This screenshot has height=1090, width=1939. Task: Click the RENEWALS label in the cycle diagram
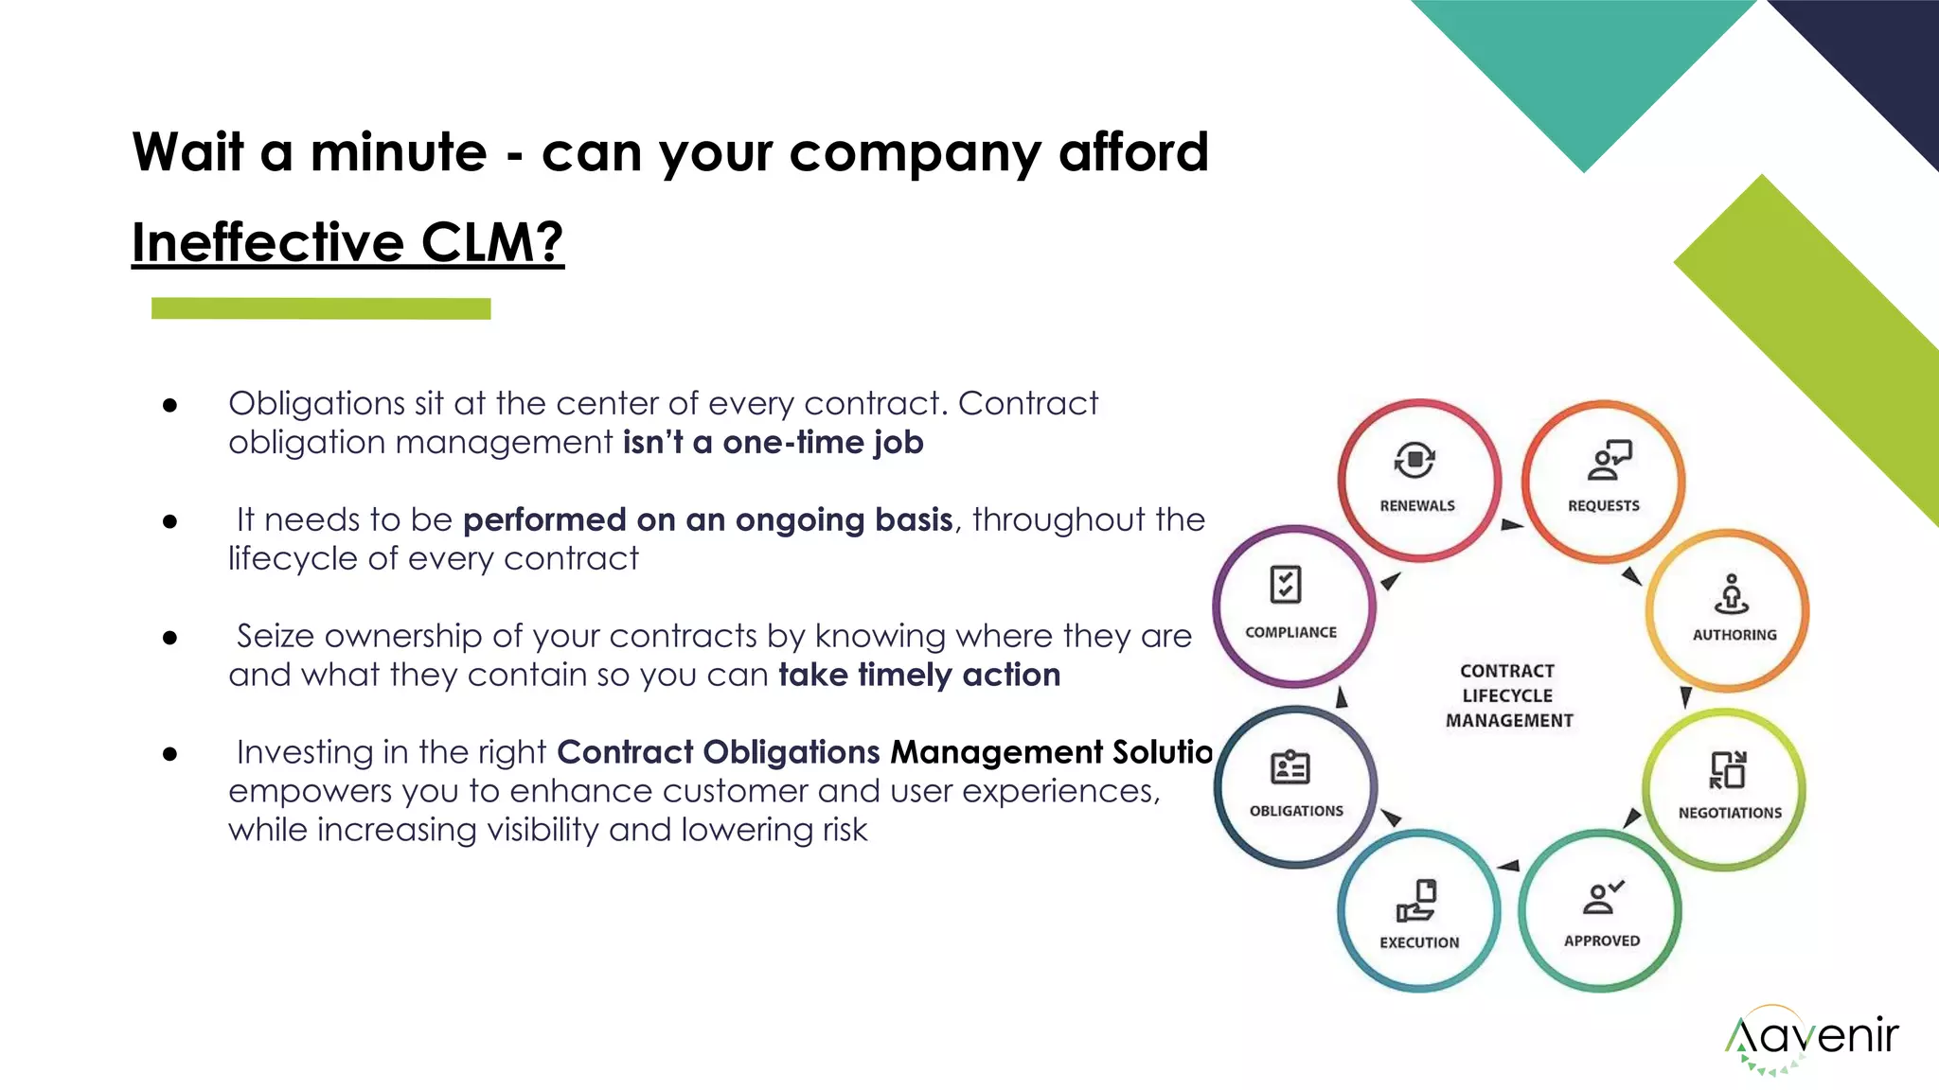pyautogui.click(x=1417, y=506)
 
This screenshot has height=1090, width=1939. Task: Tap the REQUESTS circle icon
pyautogui.click(x=1608, y=460)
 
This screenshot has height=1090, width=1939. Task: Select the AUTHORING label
pyautogui.click(x=1734, y=635)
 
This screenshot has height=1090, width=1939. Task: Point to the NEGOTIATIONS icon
pyautogui.click(x=1728, y=770)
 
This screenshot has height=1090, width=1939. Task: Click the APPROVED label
pyautogui.click(x=1602, y=941)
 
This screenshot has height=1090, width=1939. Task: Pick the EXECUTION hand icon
pyautogui.click(x=1417, y=900)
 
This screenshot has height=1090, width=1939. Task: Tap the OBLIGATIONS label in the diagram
pyautogui.click(x=1296, y=811)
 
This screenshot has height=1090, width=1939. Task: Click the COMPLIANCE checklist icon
pyautogui.click(x=1286, y=585)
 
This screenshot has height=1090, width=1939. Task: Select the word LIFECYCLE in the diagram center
pyautogui.click(x=1507, y=695)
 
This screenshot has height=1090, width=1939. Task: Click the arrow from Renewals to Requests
pyautogui.click(x=1511, y=524)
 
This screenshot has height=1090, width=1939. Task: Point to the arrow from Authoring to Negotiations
pyautogui.click(x=1685, y=697)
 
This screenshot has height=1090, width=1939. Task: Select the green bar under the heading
pyautogui.click(x=321, y=308)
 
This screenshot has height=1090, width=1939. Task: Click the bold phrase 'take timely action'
pyautogui.click(x=919, y=675)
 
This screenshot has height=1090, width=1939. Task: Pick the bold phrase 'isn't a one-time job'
pyautogui.click(x=773, y=443)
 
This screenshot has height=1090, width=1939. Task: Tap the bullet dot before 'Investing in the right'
pyautogui.click(x=170, y=753)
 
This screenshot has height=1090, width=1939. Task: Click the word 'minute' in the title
pyautogui.click(x=399, y=152)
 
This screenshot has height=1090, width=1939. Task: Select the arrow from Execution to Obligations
pyautogui.click(x=1391, y=817)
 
